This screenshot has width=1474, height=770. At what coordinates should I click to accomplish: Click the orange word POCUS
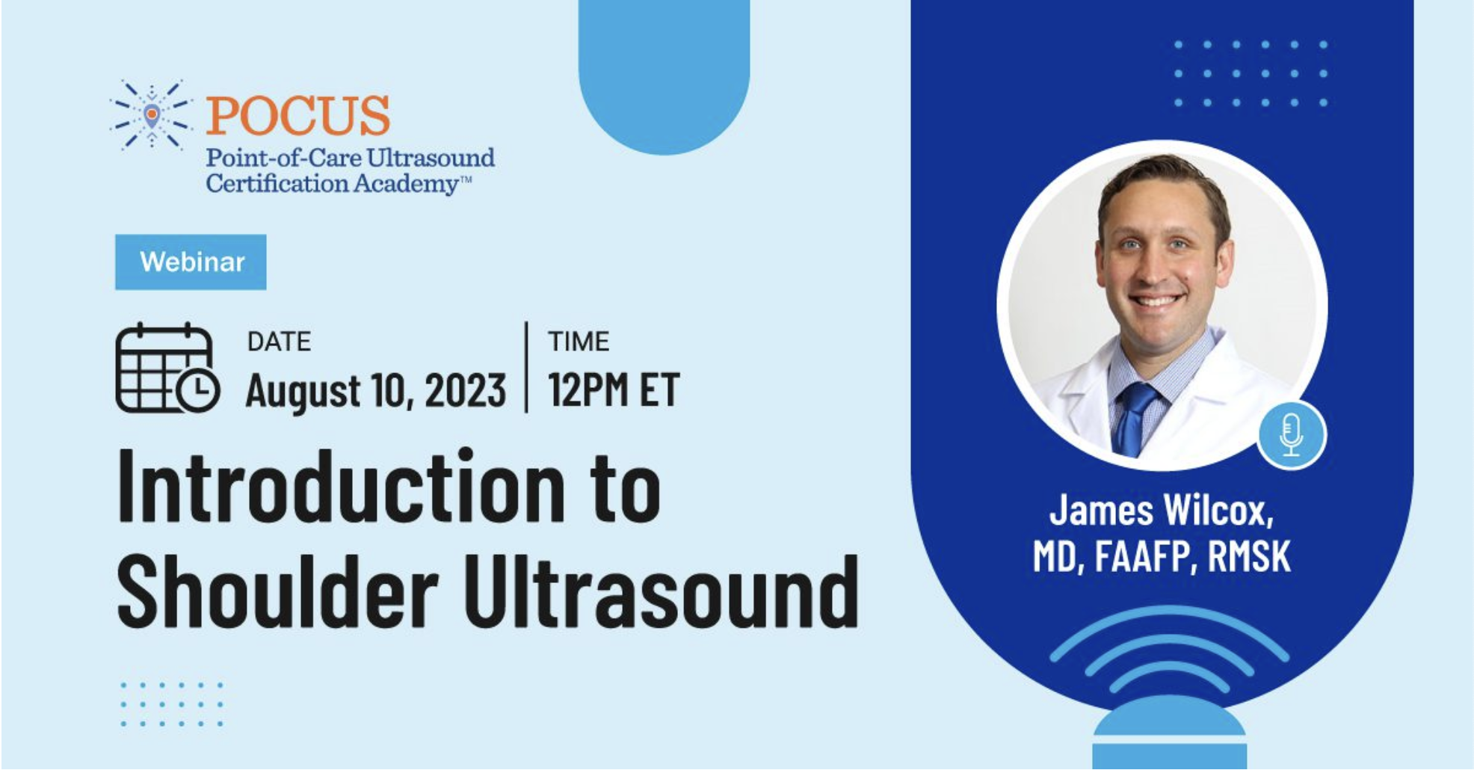[x=297, y=115]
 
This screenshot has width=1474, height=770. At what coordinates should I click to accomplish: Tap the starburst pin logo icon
[x=152, y=114]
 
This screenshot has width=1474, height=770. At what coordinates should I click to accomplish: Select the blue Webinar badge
[x=191, y=262]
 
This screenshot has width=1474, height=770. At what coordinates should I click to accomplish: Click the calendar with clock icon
[x=167, y=368]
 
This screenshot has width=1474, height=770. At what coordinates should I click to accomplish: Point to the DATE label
[x=279, y=342]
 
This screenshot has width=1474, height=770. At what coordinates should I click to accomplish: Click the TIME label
[x=579, y=342]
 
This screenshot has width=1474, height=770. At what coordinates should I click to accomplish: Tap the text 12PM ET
[x=614, y=389]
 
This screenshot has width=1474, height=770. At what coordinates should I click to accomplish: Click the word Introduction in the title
[x=341, y=487]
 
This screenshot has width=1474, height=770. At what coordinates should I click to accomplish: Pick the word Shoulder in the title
[x=277, y=591]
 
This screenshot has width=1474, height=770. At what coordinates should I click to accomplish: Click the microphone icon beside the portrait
[x=1291, y=435]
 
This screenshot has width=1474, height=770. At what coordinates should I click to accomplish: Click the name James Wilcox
[x=1161, y=511]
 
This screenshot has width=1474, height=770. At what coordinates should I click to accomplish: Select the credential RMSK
[x=1249, y=556]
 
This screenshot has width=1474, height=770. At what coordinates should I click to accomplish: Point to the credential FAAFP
[x=1142, y=557]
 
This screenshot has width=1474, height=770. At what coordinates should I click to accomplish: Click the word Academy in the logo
[x=405, y=184]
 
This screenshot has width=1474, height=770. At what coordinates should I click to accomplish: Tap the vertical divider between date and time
[x=527, y=367]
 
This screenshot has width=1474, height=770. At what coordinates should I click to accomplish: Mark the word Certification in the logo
[x=277, y=183]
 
